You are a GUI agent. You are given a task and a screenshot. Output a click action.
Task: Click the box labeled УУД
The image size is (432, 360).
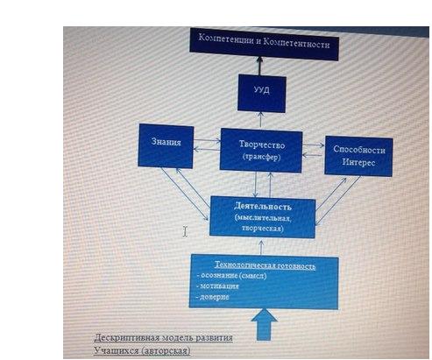262,93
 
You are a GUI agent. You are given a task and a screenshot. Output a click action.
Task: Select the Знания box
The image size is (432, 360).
166,146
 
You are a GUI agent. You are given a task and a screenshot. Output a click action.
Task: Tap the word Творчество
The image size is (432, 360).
262,145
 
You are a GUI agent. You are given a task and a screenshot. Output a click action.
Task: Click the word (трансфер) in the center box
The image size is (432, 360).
261,157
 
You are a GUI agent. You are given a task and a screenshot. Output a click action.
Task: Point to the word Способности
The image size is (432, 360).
359,149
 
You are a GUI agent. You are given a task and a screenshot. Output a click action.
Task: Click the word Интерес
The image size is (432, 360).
358,162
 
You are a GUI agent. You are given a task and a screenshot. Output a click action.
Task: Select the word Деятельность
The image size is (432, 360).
263,206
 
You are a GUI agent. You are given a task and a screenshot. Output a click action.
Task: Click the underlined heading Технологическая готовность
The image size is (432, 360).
265,265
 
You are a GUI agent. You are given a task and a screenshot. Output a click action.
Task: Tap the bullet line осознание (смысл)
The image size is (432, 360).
232,275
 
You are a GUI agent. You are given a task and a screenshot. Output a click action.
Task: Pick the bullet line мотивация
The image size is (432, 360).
218,286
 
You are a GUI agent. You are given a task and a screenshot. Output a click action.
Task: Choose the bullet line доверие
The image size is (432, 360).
213,297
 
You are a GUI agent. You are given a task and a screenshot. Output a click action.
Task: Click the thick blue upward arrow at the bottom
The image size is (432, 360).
264,325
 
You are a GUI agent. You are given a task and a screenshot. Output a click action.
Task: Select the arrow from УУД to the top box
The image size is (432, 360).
259,66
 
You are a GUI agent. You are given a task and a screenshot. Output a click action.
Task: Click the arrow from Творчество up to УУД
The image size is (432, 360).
261,120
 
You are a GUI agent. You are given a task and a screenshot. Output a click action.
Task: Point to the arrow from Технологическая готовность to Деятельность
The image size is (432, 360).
261,248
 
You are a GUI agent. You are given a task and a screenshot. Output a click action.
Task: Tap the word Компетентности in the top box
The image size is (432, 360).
296,43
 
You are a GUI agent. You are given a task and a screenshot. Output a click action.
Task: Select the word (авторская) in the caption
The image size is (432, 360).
166,349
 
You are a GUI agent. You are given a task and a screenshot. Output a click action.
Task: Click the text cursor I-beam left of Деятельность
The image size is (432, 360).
185,231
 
